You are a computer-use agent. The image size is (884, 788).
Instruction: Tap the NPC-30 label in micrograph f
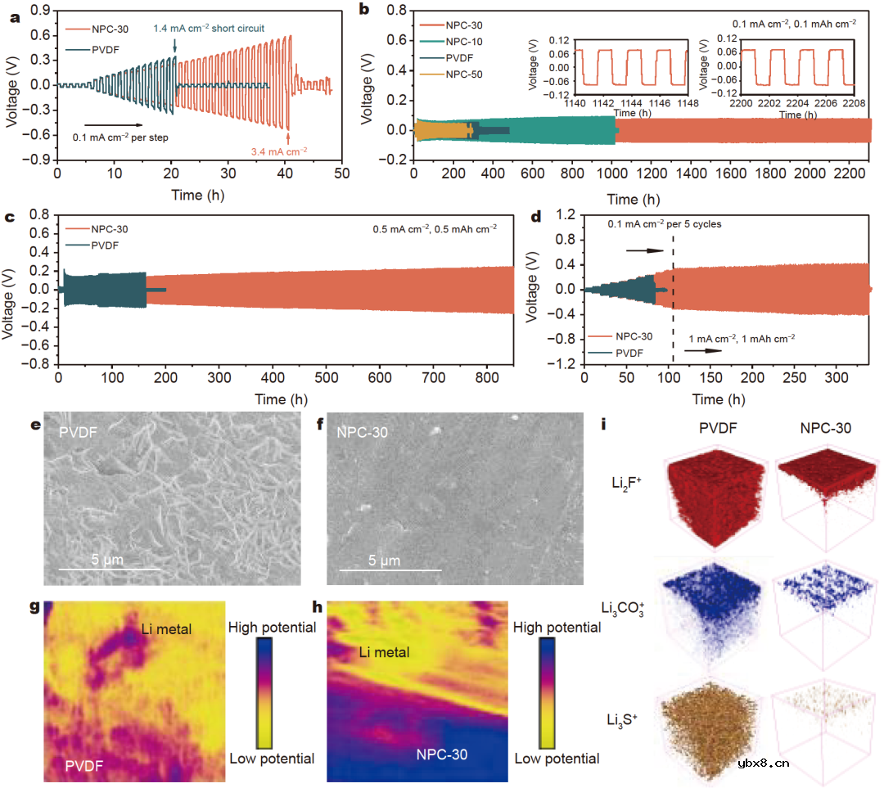coord(362,432)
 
